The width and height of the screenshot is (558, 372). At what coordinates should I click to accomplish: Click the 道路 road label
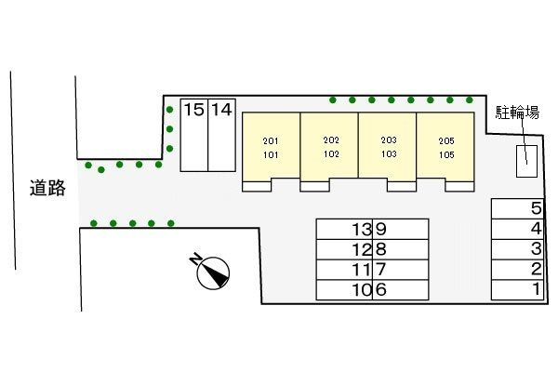pos(46,188)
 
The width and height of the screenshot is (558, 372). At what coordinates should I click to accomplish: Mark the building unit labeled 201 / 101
pos(271,147)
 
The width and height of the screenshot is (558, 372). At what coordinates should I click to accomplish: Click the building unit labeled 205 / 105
pos(446,147)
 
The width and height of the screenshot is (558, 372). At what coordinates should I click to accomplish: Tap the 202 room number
pos(331,139)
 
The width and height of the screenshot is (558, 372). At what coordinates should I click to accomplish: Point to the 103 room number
pos(389,154)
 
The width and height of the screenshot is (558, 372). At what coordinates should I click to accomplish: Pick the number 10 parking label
pos(362,290)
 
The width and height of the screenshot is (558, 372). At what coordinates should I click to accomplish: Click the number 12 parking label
pos(362,249)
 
